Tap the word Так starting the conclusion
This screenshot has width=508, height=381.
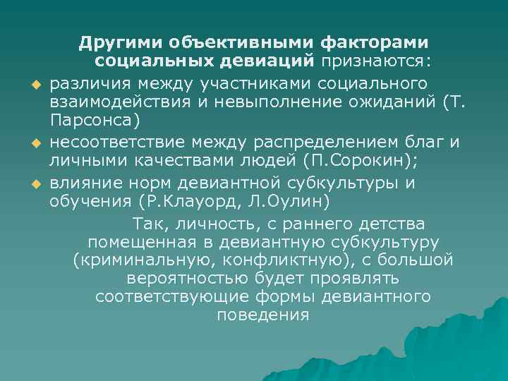(x=146, y=224)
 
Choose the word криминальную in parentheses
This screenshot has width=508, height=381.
(x=143, y=261)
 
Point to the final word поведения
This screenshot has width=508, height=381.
(x=262, y=315)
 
